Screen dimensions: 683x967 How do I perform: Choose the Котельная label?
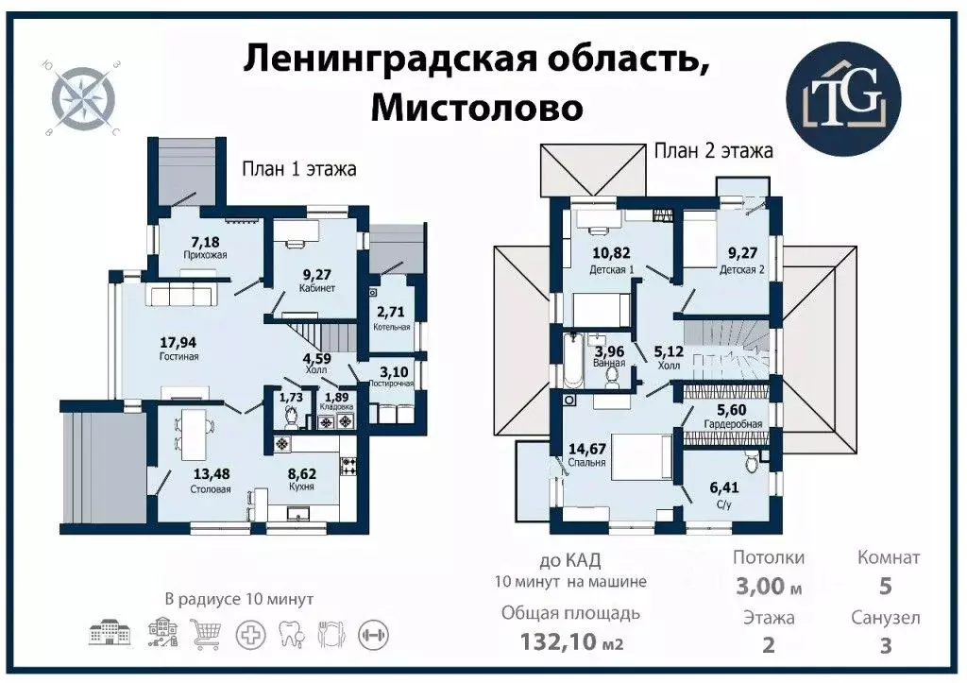click(x=391, y=327)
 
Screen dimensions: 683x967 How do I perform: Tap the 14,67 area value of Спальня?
click(x=587, y=448)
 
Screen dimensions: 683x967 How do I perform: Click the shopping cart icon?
click(x=205, y=632)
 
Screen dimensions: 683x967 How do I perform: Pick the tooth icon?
click(x=291, y=632)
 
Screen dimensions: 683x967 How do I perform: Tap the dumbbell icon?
click(x=375, y=632)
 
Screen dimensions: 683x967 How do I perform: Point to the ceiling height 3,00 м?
click(x=768, y=587)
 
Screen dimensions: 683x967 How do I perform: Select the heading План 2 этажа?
click(x=714, y=150)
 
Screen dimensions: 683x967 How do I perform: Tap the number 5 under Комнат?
click(x=885, y=587)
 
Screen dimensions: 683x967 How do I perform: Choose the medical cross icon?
click(x=249, y=632)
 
